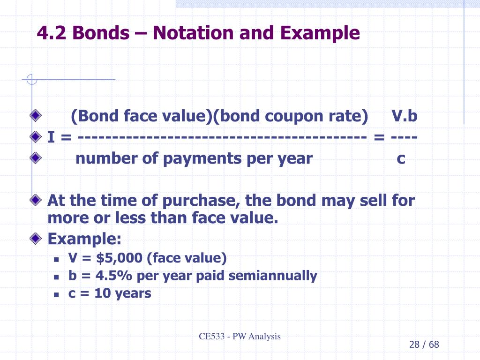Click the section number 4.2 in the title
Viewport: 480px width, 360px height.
click(52, 33)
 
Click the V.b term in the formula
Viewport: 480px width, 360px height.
click(404, 116)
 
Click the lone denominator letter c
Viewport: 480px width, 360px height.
click(401, 158)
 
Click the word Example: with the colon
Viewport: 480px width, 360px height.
click(84, 239)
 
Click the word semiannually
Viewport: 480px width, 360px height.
click(273, 276)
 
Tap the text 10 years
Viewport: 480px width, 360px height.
click(123, 293)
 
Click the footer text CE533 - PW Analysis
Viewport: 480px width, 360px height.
click(240, 336)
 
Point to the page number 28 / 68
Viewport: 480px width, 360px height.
click(424, 345)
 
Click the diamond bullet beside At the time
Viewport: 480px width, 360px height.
click(36, 201)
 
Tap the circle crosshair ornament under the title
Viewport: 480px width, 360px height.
click(31, 80)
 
